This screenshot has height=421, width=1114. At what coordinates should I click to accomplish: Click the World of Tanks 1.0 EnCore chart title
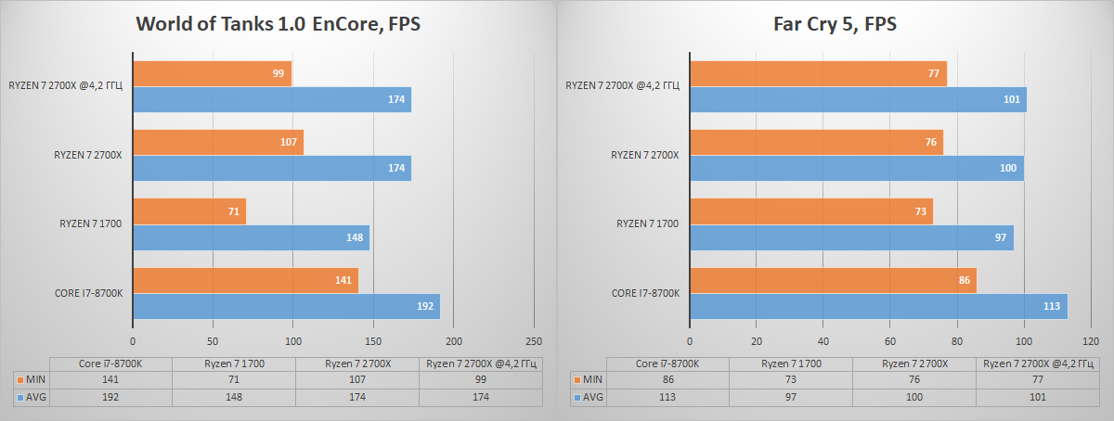click(278, 23)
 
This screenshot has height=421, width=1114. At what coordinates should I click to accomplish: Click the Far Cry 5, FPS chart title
click(835, 23)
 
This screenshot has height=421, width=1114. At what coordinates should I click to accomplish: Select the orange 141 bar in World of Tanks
click(245, 281)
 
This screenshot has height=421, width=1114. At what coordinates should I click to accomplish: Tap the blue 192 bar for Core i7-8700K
click(286, 306)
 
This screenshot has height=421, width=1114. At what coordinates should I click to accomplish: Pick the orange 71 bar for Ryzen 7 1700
click(189, 212)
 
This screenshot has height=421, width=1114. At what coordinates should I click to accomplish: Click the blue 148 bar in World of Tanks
click(251, 237)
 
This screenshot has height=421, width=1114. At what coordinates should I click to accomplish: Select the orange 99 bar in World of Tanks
click(212, 74)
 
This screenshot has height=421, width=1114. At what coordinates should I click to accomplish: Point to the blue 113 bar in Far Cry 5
click(877, 306)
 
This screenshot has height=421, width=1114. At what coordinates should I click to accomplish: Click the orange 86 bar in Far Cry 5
click(833, 281)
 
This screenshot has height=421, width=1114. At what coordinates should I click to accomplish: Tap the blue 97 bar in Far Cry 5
click(851, 237)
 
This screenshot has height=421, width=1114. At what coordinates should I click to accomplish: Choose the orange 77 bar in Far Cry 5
click(818, 74)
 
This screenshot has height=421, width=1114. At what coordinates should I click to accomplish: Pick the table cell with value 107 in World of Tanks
click(357, 380)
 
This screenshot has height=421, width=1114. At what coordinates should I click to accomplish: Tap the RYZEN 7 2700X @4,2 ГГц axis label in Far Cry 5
click(623, 86)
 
